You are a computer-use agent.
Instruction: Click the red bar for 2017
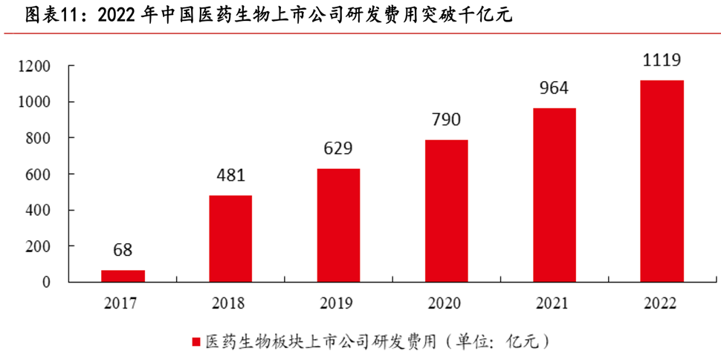point(123,276)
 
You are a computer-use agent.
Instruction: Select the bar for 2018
point(230,239)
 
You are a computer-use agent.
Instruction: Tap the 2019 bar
point(338,225)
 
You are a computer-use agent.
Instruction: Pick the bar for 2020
point(446,210)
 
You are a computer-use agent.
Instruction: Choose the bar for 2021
point(554,195)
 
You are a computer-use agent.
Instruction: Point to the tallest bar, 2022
point(662,181)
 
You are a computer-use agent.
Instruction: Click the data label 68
point(123,249)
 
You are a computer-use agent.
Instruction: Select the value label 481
point(230,176)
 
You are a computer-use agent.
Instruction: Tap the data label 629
point(338,149)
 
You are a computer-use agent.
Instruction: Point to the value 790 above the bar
point(446,120)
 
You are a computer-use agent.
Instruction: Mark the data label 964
point(554,88)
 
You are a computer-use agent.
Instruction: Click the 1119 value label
point(662,60)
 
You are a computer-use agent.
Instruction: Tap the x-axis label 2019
point(338,303)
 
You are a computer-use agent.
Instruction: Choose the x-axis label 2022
point(662,303)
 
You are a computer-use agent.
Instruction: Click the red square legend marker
point(196,341)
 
